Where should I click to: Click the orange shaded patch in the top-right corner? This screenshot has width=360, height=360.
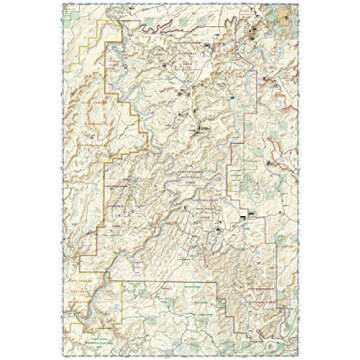click(287, 13)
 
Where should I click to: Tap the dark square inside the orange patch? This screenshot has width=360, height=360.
click(288, 13)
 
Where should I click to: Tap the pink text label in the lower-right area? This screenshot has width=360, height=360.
click(265, 290)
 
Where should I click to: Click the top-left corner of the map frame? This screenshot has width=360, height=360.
click(60, 3)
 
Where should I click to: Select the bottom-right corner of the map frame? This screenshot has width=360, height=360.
click(300, 357)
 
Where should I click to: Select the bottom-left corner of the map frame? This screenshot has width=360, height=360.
click(60, 357)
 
